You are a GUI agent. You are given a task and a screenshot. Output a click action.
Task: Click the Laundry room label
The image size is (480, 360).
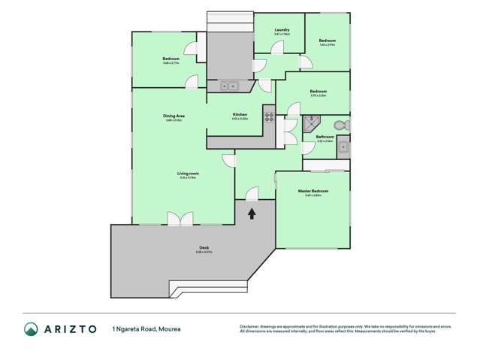(282, 30)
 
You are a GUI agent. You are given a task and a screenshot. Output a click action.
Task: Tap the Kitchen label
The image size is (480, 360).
(240, 115)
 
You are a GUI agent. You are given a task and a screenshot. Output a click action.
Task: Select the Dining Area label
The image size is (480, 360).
(174, 116)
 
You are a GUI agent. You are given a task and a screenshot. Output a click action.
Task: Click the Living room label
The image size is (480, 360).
(188, 174)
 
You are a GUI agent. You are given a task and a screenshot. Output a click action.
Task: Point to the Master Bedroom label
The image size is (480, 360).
(312, 191)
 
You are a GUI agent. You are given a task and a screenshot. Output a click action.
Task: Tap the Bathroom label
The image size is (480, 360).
(325, 137)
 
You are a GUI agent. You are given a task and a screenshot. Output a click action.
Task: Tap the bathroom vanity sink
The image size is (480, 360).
(343, 147)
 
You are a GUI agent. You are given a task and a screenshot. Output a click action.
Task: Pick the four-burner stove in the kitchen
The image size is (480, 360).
(268, 116)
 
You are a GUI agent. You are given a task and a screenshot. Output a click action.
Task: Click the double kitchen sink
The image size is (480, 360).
(228, 86)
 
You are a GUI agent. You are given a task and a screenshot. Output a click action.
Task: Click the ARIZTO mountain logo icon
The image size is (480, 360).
(31, 328)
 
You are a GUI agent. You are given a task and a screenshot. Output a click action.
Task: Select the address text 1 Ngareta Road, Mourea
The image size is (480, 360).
(146, 329)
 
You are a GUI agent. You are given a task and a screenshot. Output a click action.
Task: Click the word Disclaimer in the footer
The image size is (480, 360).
(250, 326)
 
